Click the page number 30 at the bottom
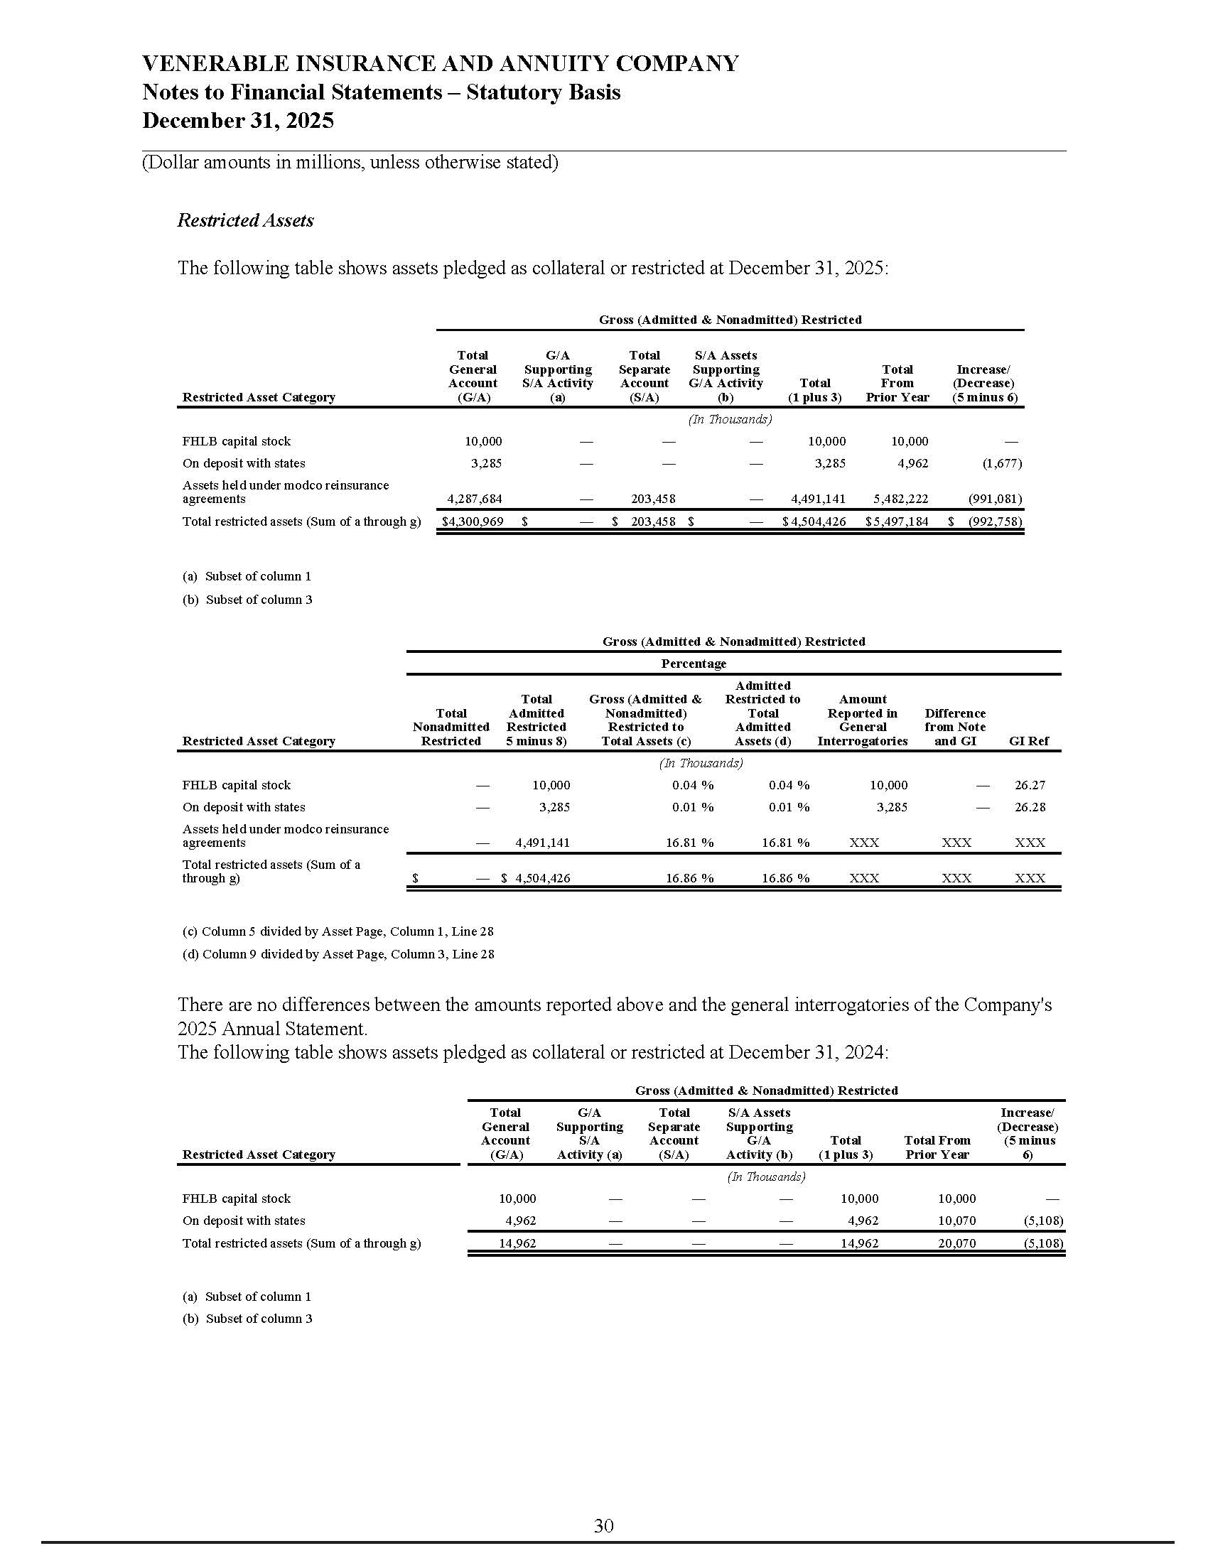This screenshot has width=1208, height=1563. point(603,1526)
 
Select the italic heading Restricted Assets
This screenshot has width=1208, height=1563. point(245,220)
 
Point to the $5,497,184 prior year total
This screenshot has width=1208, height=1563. point(897,521)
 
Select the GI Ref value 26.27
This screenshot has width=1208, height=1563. point(1030,785)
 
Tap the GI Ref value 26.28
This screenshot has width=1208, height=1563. point(1030,807)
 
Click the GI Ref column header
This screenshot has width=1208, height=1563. point(1028,742)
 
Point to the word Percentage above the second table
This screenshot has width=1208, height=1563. point(694,664)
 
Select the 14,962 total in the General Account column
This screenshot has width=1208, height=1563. point(517,1243)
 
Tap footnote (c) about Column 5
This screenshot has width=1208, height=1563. point(338,931)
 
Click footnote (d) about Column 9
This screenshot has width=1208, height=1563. point(338,954)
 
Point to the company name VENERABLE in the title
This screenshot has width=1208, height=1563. point(215,64)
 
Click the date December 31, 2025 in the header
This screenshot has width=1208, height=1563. point(237,120)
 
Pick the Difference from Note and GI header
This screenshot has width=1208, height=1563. point(954,727)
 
